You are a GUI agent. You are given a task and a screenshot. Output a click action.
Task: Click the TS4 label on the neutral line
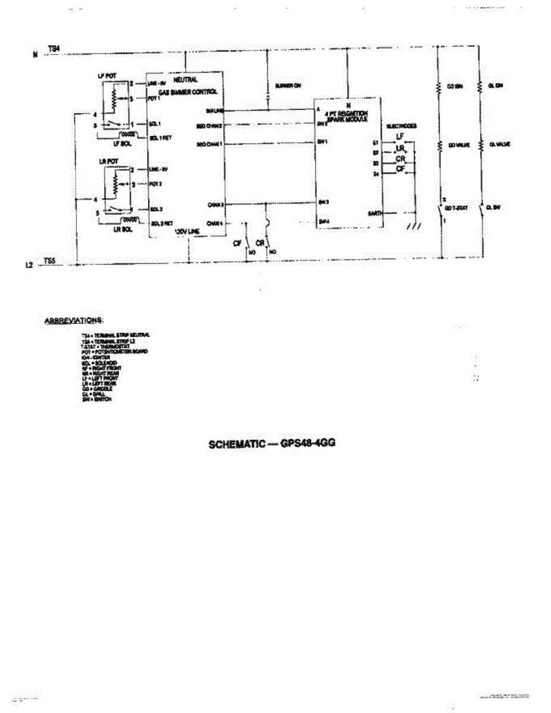53,48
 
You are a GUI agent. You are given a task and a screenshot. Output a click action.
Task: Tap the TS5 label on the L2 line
51,260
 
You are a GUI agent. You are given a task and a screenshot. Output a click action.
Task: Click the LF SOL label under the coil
122,143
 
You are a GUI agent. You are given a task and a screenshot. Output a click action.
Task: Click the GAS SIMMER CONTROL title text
188,92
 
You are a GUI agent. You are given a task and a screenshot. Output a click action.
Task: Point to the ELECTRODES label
401,127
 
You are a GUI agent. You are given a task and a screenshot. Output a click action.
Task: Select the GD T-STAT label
456,208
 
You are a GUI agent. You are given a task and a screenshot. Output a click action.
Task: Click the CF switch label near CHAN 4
237,243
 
